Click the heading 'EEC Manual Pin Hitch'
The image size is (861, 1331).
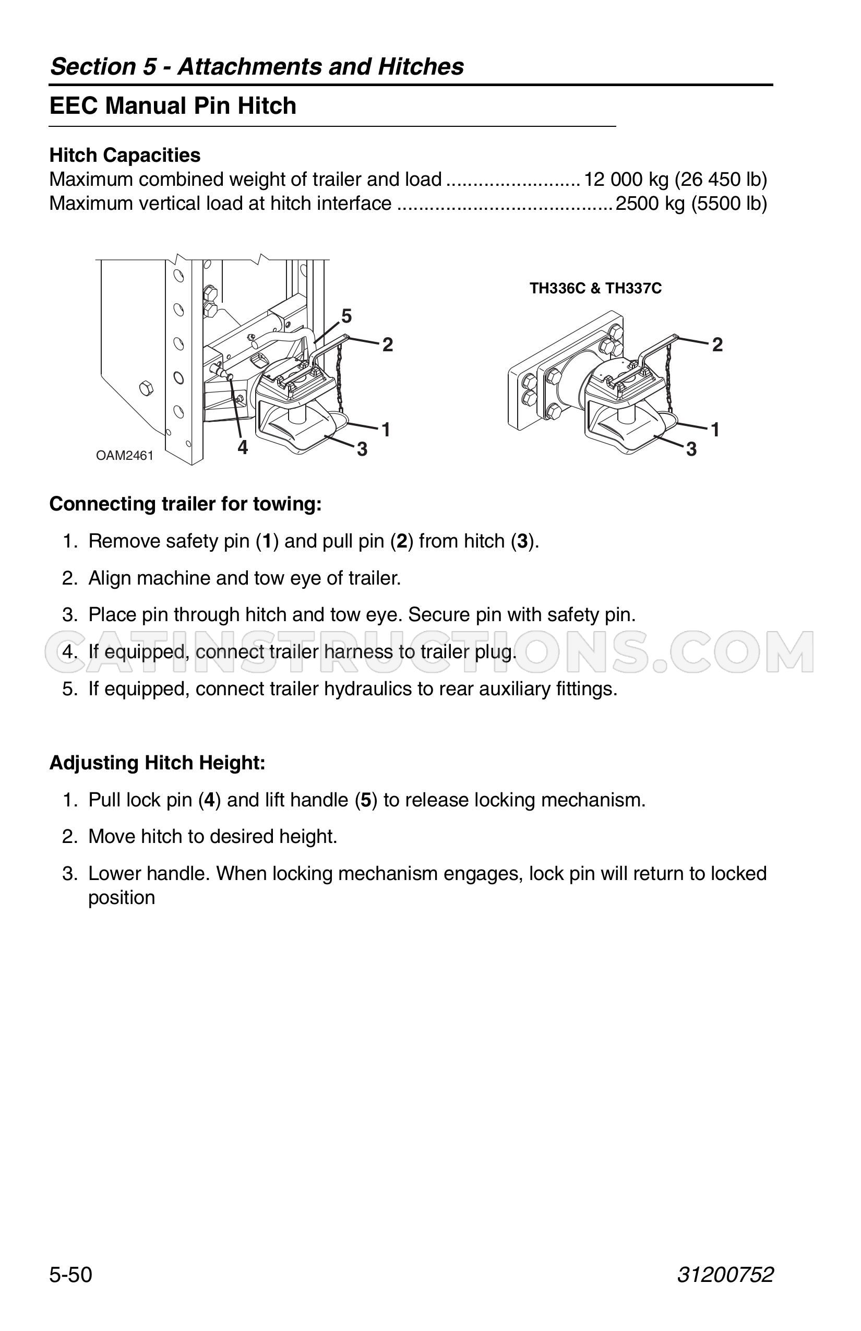[x=173, y=105]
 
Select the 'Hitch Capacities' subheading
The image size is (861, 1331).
[x=125, y=155]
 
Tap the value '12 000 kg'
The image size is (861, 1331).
[x=626, y=180]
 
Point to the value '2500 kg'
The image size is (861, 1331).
[x=650, y=204]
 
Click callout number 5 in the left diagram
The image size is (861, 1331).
[x=346, y=316]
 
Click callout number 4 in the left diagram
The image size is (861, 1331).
[x=243, y=447]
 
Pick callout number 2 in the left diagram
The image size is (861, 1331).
[x=387, y=345]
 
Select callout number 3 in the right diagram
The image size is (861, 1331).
[x=691, y=449]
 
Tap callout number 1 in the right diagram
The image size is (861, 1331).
[x=715, y=430]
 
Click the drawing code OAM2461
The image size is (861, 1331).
[x=125, y=456]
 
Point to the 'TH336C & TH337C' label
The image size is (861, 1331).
[x=595, y=289]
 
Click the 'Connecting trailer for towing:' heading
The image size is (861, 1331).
[x=186, y=504]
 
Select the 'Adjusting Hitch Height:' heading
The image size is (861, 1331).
[x=157, y=763]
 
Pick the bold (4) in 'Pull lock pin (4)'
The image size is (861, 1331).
[x=210, y=800]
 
